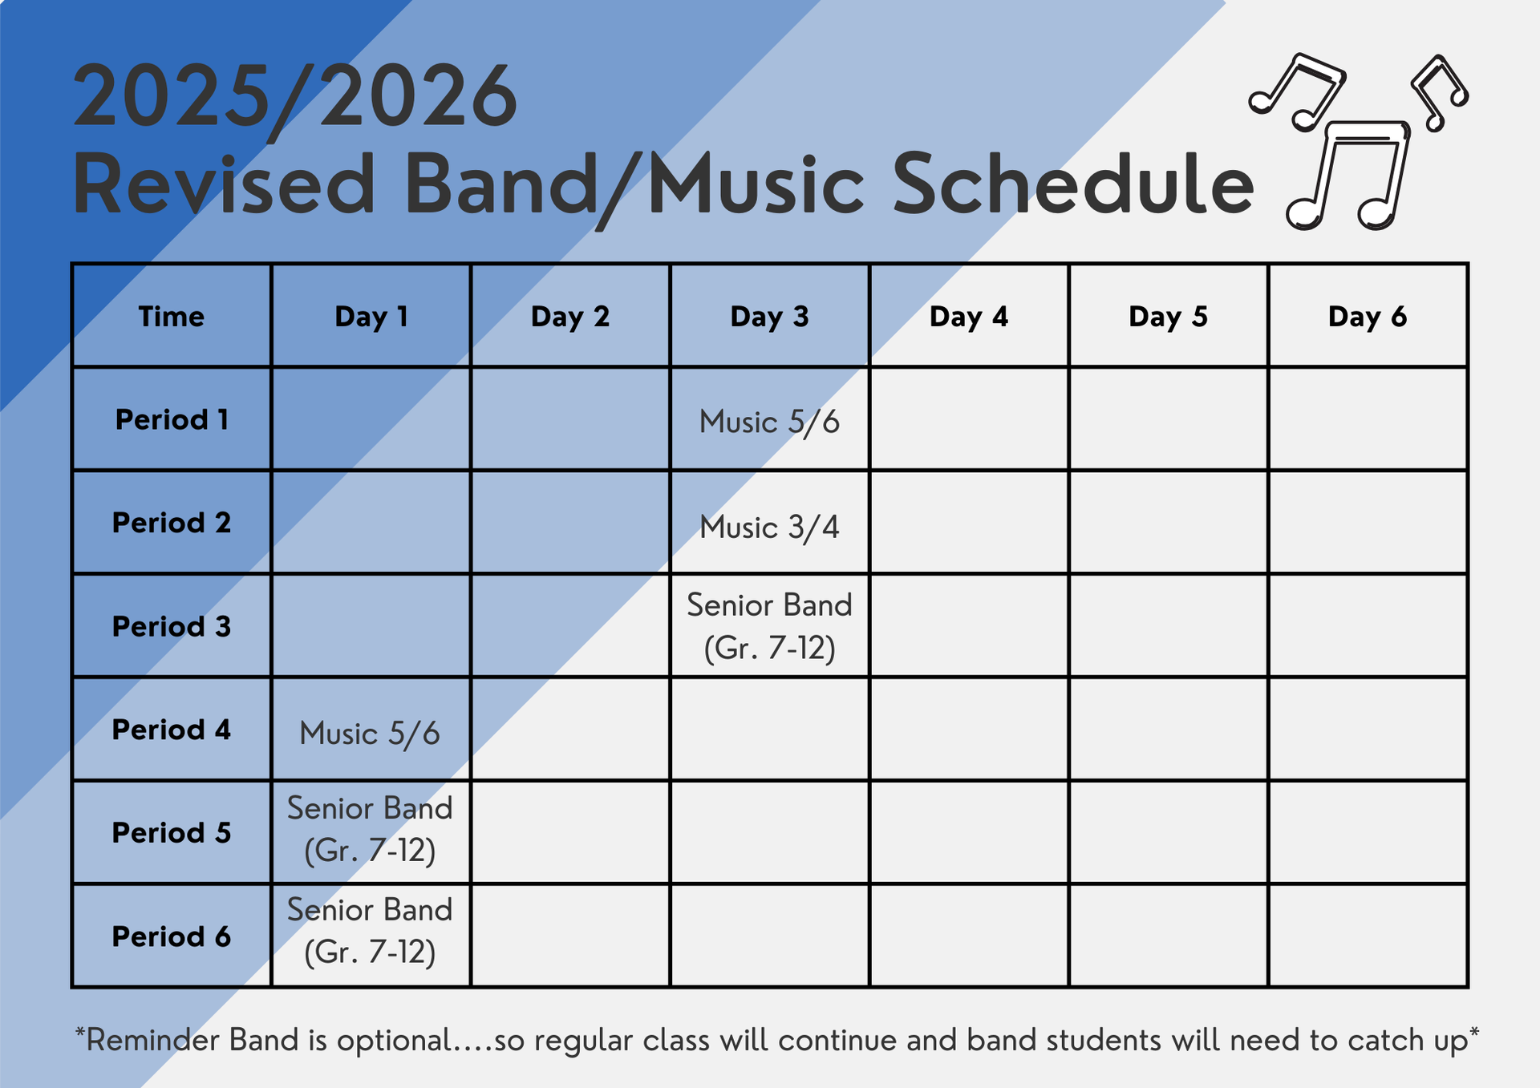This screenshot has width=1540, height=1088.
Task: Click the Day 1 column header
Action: [371, 317]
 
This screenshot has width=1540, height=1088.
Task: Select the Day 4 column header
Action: [968, 317]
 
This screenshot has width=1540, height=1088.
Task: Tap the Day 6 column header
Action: [1367, 317]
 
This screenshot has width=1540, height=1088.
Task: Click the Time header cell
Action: [171, 317]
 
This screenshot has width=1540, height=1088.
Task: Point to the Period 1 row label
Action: [171, 419]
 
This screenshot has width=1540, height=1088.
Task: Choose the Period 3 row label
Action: [171, 626]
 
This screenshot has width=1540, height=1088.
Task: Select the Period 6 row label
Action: [171, 936]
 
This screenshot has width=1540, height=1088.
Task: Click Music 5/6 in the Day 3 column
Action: [769, 422]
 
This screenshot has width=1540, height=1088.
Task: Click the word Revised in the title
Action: [224, 184]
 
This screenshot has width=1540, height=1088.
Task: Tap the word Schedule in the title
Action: [1072, 184]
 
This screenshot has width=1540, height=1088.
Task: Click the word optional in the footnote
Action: [394, 1041]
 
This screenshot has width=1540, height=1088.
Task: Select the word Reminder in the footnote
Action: [152, 1041]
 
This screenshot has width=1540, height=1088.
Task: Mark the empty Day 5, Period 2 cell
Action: [1168, 522]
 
